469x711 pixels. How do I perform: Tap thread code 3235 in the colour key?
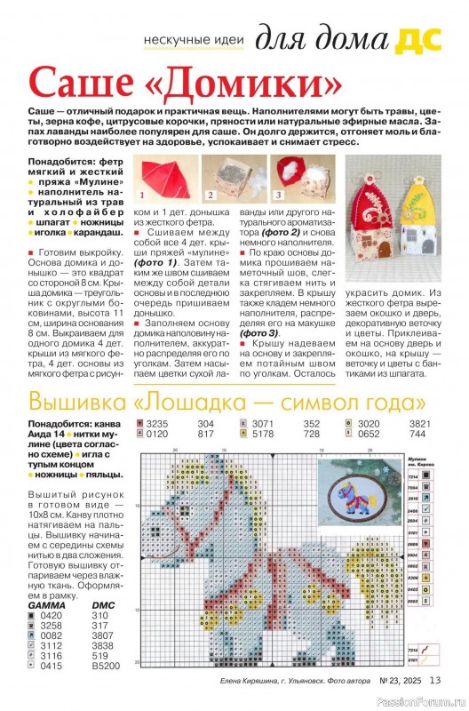tap(157, 423)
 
